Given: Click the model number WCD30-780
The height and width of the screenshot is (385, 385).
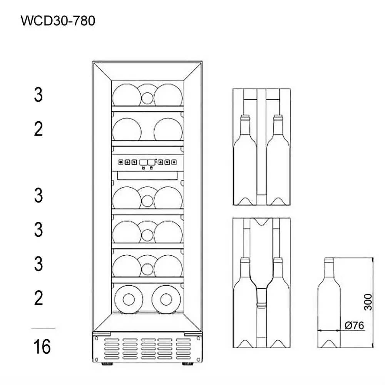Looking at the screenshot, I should (x=58, y=21).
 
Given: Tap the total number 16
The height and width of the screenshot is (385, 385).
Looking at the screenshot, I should (x=42, y=347).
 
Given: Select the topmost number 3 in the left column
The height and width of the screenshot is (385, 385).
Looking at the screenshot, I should (x=38, y=95).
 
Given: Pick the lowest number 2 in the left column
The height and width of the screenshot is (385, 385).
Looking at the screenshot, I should (x=38, y=298).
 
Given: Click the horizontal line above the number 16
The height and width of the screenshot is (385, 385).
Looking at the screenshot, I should (x=43, y=328).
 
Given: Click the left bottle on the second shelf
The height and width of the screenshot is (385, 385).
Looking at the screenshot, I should (x=127, y=130).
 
